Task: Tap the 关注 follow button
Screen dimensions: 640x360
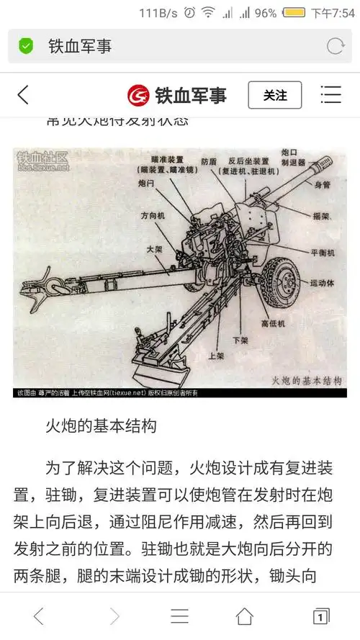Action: click(274, 95)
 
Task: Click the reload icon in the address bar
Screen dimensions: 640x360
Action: click(336, 47)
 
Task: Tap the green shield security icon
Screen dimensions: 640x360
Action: click(27, 47)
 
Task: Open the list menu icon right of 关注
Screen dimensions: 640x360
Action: click(330, 95)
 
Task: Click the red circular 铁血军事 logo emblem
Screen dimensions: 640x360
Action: click(138, 95)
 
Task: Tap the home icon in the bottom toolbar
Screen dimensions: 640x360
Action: click(245, 616)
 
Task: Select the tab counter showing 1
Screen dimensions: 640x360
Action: click(320, 616)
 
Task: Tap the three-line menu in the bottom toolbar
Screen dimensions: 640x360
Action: click(179, 616)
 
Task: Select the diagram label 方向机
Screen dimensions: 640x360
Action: click(153, 215)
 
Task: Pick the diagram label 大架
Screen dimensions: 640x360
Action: click(155, 249)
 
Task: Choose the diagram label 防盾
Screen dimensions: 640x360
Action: click(210, 162)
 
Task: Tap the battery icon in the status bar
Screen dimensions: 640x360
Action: click(294, 13)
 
